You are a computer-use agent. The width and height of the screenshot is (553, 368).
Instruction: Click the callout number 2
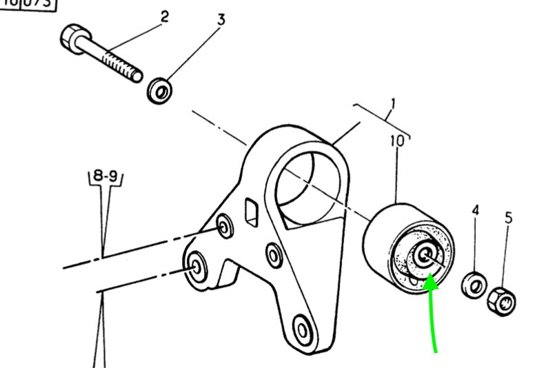click(165, 16)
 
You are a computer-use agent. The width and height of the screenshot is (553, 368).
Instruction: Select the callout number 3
click(221, 19)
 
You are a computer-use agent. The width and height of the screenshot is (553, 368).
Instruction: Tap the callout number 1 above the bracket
click(392, 106)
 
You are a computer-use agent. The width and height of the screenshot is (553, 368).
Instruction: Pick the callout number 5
click(508, 218)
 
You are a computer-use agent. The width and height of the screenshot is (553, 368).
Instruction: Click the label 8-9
click(105, 176)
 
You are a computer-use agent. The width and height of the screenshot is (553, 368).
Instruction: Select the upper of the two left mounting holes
click(223, 225)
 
